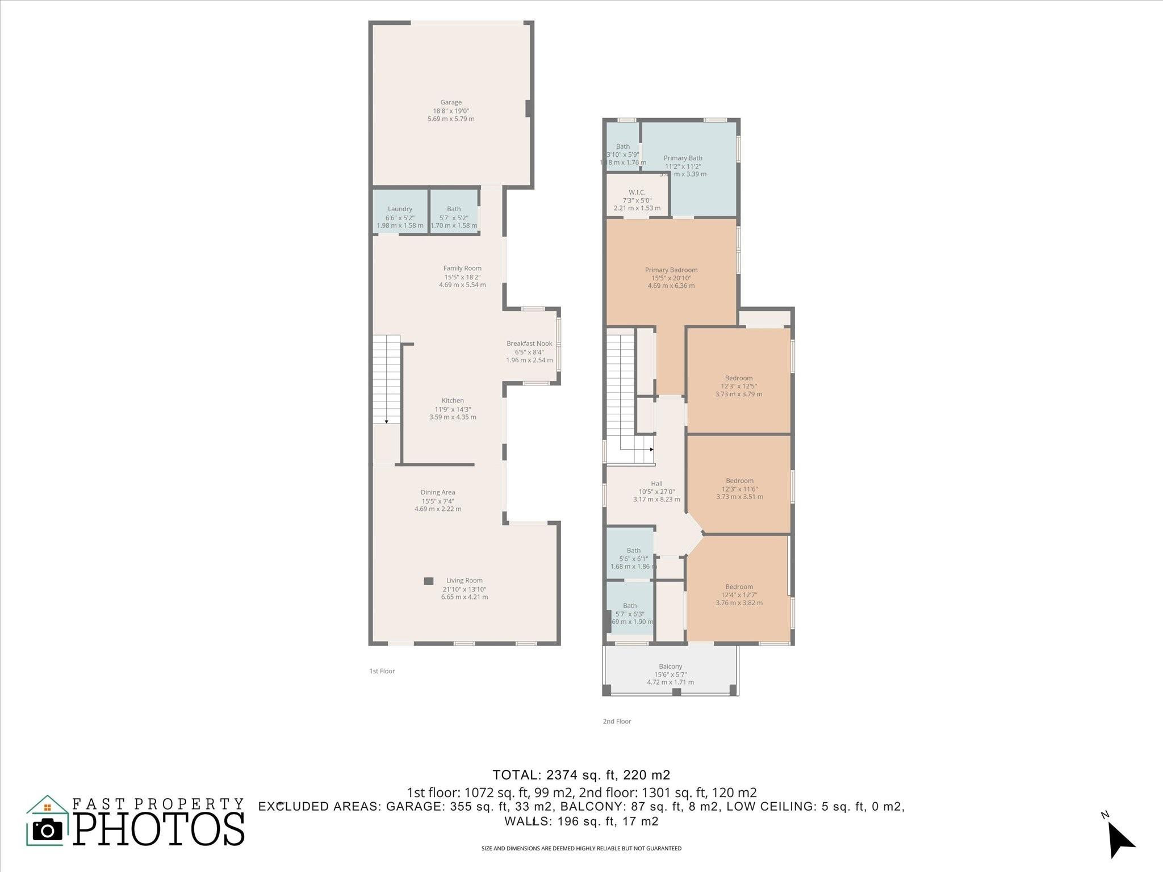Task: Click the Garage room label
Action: (451, 103)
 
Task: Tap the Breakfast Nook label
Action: (529, 343)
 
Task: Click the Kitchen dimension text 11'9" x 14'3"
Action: (453, 409)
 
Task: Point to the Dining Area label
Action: (438, 493)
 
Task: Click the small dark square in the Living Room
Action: (429, 581)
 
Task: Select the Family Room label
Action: (462, 269)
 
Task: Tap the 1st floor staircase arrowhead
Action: (386, 421)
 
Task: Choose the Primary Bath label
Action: (683, 158)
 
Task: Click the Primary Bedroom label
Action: (671, 270)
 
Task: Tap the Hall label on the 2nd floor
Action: (656, 484)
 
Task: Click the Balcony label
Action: (670, 666)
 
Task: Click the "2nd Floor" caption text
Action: (617, 722)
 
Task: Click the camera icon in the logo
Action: (48, 829)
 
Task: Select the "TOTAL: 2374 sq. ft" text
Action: (581, 775)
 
